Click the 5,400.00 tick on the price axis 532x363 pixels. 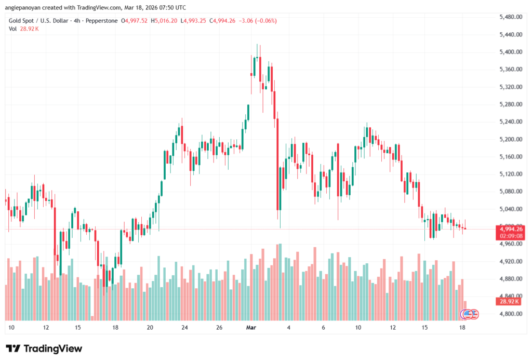tap(510, 52)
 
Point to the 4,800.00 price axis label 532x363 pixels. tap(510, 314)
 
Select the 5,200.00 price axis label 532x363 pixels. tap(510, 139)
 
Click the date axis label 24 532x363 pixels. tap(184, 328)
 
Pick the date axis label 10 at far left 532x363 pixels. tap(11, 328)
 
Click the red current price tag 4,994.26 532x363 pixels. tap(510, 228)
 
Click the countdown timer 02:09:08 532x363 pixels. tap(510, 235)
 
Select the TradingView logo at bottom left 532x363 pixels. tap(44, 348)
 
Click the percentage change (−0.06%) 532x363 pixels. tap(263, 21)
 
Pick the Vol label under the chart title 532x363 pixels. tap(12, 29)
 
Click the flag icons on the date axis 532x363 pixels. tap(470, 314)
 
